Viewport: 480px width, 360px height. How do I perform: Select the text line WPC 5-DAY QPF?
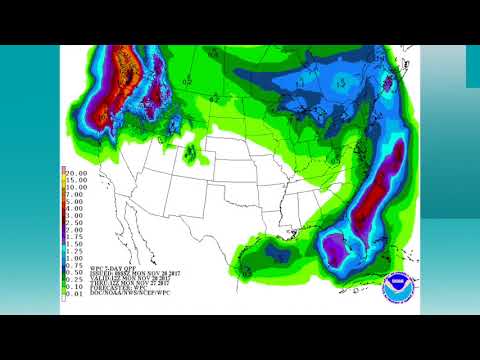(x=116, y=267)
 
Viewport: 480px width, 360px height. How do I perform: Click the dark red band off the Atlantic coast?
(x=381, y=190)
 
